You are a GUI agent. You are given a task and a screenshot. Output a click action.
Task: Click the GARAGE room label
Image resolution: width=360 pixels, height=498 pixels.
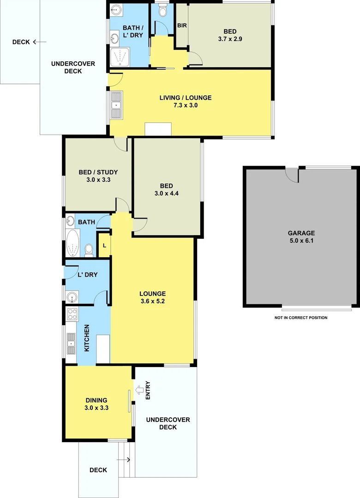pyautogui.click(x=302, y=233)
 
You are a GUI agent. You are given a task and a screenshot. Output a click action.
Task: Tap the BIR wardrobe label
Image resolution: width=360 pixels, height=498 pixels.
pyautogui.click(x=182, y=25)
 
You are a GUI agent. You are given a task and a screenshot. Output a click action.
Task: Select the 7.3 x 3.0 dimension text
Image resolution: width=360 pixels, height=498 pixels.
pyautogui.click(x=185, y=106)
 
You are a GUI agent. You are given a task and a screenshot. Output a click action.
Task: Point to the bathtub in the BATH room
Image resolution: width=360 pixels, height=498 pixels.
pyautogui.click(x=73, y=243)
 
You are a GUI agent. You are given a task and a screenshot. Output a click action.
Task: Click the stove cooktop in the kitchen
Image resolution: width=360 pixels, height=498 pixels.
pyautogui.click(x=72, y=314)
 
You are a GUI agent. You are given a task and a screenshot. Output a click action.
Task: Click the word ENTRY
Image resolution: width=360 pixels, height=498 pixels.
pyautogui.click(x=148, y=390)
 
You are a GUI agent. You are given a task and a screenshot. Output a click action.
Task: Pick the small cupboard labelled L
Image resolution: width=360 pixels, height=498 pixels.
pyautogui.click(x=104, y=245)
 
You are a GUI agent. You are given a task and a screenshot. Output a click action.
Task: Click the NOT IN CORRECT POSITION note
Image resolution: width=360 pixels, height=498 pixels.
pyautogui.click(x=301, y=318)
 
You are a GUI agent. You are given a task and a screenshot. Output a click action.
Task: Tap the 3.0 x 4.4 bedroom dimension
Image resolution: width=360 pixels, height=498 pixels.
pyautogui.click(x=167, y=194)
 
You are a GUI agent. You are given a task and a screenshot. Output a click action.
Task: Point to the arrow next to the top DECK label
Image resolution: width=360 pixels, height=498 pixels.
pyautogui.click(x=40, y=42)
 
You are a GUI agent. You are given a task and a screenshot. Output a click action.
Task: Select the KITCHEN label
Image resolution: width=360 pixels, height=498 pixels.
pyautogui.click(x=87, y=338)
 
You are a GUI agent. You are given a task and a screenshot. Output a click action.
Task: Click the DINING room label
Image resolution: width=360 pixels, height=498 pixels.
pyautogui.click(x=96, y=400)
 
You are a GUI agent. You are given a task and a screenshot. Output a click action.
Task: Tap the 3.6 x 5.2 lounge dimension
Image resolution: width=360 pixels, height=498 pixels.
pyautogui.click(x=153, y=302)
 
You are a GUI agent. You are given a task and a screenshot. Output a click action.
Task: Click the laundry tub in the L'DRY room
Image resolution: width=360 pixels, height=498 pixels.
pyautogui.click(x=72, y=296)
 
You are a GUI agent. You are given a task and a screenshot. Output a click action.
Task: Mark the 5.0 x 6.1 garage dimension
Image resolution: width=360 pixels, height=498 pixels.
pyautogui.click(x=302, y=241)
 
